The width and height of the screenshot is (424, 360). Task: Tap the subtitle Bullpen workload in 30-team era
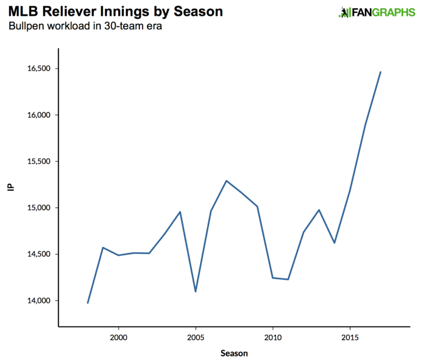point(85,26)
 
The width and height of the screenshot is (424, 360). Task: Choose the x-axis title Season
point(234,352)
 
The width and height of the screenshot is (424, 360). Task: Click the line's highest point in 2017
point(381,72)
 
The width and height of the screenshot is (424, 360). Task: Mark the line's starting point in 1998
point(87,303)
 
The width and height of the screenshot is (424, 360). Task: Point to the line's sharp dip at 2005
point(196,292)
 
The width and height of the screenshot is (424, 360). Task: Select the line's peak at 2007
point(226,181)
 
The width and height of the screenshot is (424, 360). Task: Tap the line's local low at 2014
point(334,243)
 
